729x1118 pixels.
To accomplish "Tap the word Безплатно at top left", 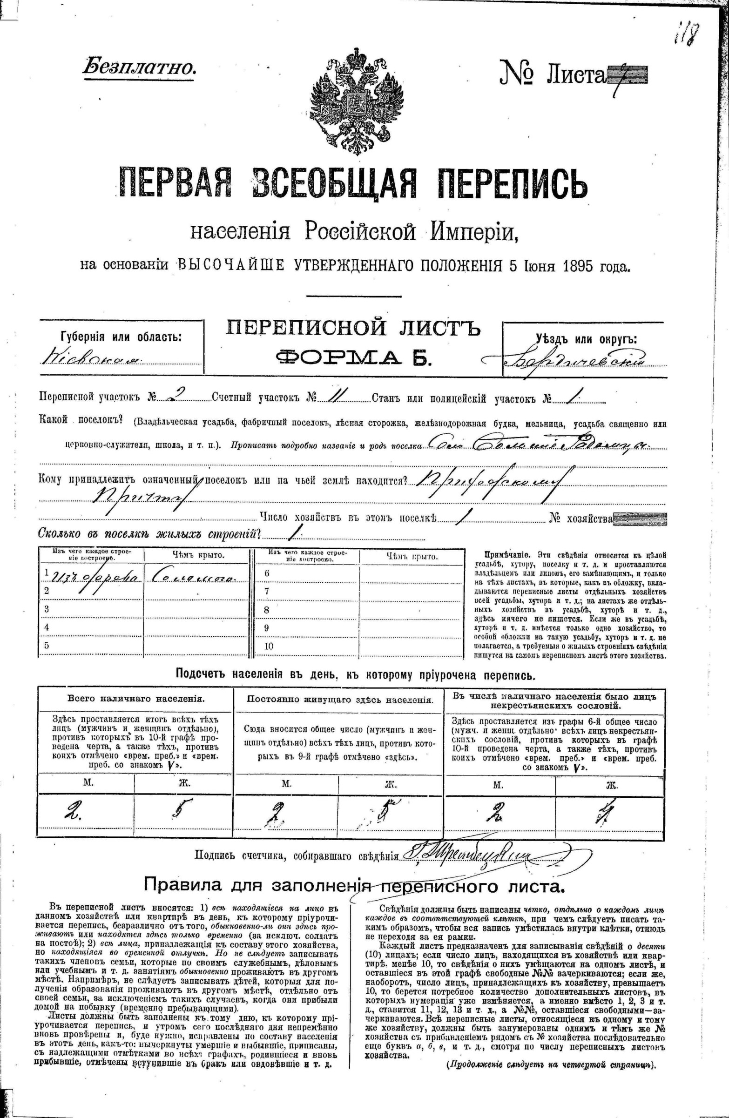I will point(139,67).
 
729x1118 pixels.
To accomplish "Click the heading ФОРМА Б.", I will point(352,358).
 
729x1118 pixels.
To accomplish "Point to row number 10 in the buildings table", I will point(269,646).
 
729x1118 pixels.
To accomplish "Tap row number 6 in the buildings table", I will point(267,573).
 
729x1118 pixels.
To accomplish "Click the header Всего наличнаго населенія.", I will point(135,699).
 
